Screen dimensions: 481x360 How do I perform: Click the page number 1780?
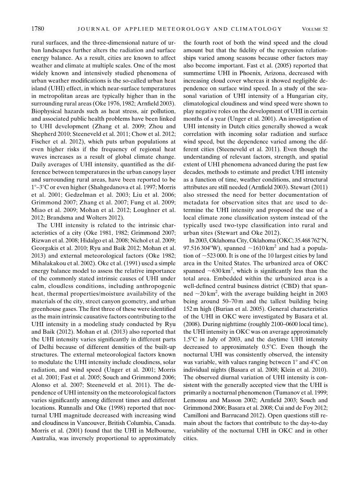[x=37, y=29]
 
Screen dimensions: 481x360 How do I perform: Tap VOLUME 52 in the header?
[x=315, y=29]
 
